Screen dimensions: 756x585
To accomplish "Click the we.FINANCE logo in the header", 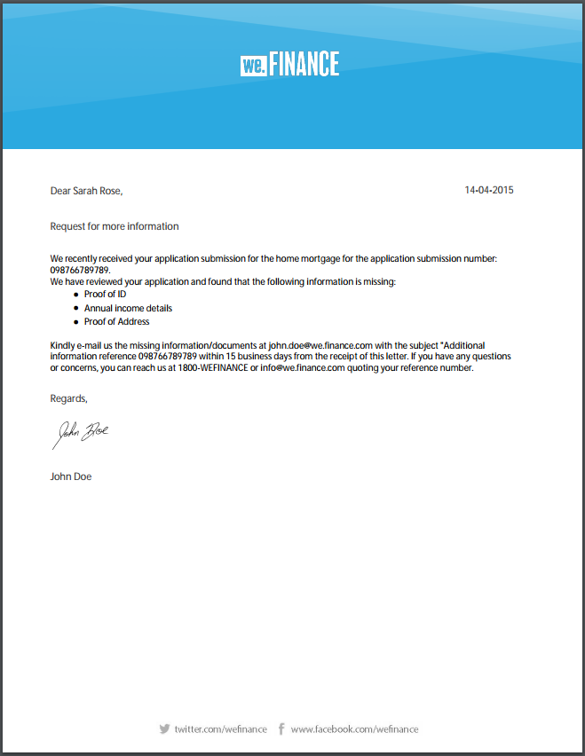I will pyautogui.click(x=289, y=64).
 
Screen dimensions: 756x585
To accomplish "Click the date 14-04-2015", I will pyautogui.click(x=489, y=190).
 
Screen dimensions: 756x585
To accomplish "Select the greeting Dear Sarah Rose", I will pyautogui.click(x=86, y=190).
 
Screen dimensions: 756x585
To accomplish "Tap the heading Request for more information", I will pyautogui.click(x=115, y=226).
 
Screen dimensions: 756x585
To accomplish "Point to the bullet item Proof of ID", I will pyautogui.click(x=105, y=294).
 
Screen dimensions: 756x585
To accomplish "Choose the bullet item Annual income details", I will pyautogui.click(x=128, y=308).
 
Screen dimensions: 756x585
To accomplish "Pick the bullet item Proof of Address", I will pyautogui.click(x=116, y=321).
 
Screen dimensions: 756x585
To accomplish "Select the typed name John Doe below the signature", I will pyautogui.click(x=71, y=476).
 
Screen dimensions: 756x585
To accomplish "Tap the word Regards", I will pyautogui.click(x=68, y=399).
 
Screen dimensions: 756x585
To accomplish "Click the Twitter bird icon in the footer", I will pyautogui.click(x=164, y=728).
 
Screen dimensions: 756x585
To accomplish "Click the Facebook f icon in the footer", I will pyautogui.click(x=281, y=728).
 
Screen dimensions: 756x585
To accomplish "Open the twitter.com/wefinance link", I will pyautogui.click(x=220, y=729).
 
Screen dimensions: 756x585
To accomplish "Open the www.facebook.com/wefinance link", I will pyautogui.click(x=354, y=729).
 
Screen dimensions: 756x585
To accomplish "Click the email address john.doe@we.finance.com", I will pyautogui.click(x=320, y=344).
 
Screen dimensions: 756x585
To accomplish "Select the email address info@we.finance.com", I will pyautogui.click(x=302, y=367).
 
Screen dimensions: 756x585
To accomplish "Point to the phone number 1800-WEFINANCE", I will pyautogui.click(x=212, y=367).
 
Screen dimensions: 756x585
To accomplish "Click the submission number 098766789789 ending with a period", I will pyautogui.click(x=81, y=270).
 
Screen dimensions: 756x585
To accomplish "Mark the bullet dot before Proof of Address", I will pyautogui.click(x=76, y=321).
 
